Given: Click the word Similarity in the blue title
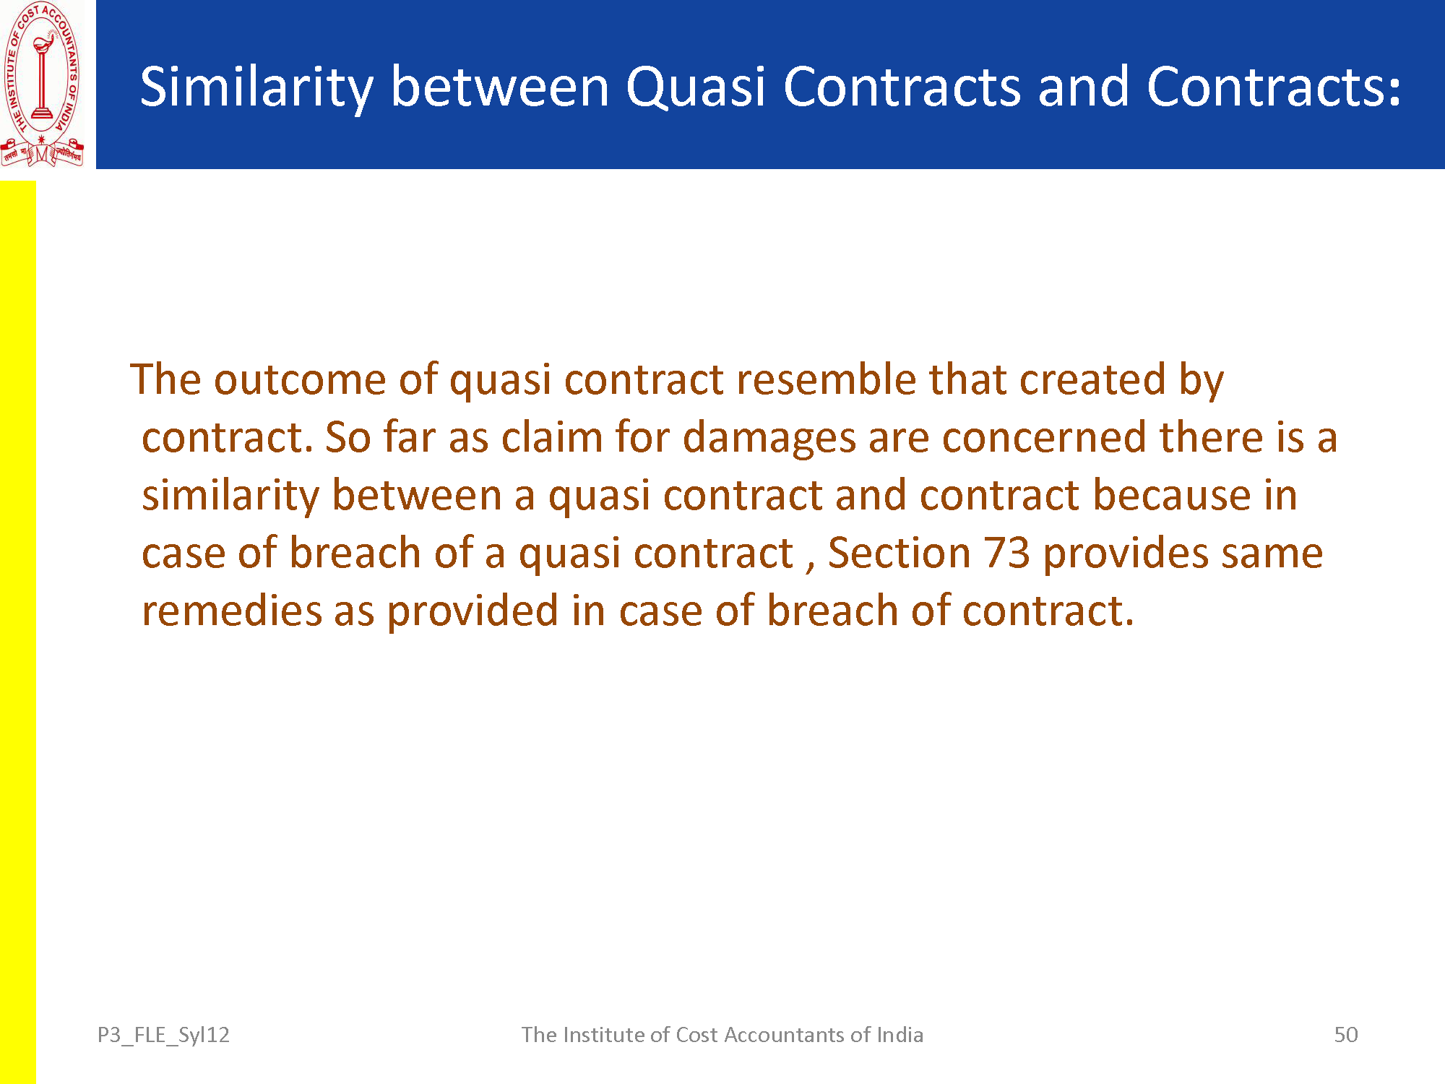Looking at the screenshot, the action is point(256,87).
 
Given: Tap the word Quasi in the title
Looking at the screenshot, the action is point(696,87).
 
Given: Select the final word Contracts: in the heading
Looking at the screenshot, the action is point(1274,86).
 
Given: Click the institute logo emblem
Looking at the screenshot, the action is point(42,85).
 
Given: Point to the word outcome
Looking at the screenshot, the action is point(301,379).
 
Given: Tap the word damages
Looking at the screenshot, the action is point(769,438).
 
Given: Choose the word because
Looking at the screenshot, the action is point(1171,495).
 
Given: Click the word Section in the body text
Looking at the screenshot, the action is point(900,553).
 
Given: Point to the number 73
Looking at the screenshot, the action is point(1006,554).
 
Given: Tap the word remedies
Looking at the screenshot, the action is point(231,611).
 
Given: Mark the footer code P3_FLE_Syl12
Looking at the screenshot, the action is point(163,1035).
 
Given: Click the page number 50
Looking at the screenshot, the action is point(1346,1034).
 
